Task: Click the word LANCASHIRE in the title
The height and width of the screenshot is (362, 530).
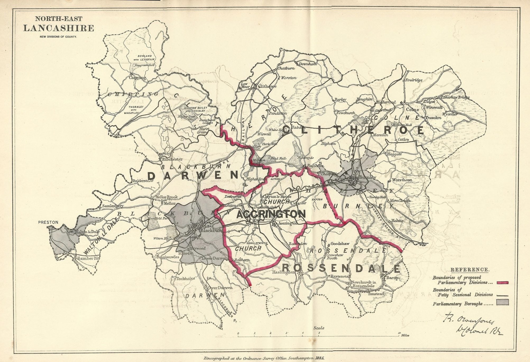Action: click(58, 28)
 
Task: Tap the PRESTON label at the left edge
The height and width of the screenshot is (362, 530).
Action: click(48, 222)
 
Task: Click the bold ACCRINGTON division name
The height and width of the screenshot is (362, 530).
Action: click(271, 214)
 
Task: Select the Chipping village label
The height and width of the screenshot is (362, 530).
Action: click(137, 78)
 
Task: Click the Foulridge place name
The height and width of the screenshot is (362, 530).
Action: click(414, 80)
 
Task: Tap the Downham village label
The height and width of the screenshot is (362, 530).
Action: click(308, 64)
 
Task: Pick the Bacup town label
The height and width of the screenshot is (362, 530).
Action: click(392, 278)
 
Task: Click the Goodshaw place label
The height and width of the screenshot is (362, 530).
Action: click(340, 244)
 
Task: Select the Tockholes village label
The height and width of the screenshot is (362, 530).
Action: click(186, 278)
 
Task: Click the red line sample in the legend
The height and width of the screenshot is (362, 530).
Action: click(503, 283)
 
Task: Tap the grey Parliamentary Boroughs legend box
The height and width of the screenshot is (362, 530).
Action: click(503, 302)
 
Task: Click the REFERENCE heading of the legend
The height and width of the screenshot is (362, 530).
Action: click(469, 270)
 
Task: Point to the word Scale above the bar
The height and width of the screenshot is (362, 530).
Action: click(319, 328)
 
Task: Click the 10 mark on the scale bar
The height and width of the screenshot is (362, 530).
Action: click(399, 333)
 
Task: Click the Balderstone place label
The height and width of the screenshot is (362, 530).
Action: click(143, 181)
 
